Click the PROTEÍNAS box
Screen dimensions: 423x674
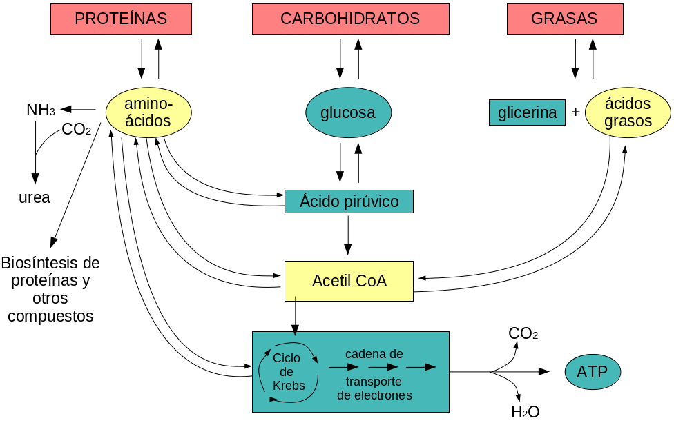[121, 19]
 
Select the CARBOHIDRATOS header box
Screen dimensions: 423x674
[350, 19]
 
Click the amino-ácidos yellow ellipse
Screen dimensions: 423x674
[148, 112]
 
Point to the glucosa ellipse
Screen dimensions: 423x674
[348, 112]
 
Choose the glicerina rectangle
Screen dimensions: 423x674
[527, 112]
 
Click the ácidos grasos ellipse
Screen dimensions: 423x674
[627, 112]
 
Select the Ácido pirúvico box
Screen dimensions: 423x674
[349, 201]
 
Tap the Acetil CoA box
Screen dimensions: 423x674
[349, 281]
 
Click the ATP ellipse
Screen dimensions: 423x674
[593, 373]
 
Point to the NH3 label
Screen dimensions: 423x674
[41, 110]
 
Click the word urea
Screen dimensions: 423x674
[35, 197]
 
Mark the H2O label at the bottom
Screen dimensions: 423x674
[525, 413]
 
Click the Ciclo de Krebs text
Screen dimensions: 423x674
[288, 372]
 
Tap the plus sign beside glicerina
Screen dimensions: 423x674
[575, 112]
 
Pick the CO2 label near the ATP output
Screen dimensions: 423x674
[523, 334]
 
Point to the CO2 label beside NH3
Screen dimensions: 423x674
[76, 129]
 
